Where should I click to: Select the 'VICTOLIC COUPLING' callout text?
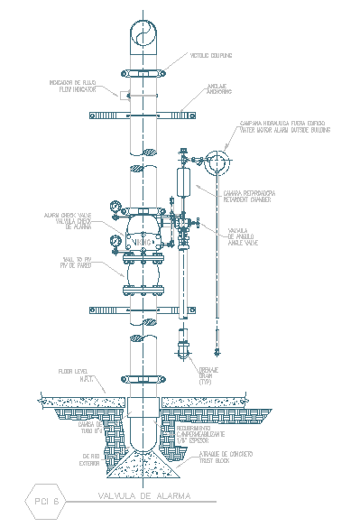210,55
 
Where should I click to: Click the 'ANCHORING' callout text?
212,89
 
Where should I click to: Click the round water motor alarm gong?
217,164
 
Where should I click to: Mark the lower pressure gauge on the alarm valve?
116,241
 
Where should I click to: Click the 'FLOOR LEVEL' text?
71,370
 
